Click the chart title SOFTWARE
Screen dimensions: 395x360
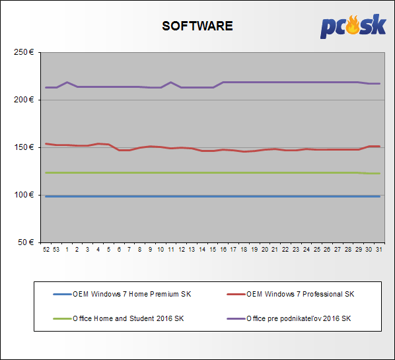[197, 26]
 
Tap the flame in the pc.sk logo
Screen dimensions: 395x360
[353, 24]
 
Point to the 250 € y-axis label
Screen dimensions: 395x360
[24, 52]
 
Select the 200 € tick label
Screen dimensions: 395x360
[24, 100]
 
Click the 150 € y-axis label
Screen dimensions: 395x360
[24, 147]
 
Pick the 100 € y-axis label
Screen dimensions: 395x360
[24, 195]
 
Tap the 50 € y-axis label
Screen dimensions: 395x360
[26, 242]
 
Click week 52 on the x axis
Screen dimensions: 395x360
[46, 250]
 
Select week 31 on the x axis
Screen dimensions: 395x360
[379, 250]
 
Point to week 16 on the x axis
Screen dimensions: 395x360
[223, 250]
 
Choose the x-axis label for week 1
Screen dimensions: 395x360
[67, 250]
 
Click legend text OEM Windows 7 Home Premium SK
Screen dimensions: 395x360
[131, 294]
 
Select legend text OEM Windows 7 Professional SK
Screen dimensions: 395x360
[301, 294]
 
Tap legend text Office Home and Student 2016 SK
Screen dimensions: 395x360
[128, 318]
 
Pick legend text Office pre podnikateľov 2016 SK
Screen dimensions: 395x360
[299, 318]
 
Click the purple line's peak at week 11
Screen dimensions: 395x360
[171, 82]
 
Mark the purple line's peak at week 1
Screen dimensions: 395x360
[67, 82]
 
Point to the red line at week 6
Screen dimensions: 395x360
[119, 150]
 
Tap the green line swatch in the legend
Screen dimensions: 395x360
[62, 318]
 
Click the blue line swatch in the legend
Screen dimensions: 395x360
[62, 294]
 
